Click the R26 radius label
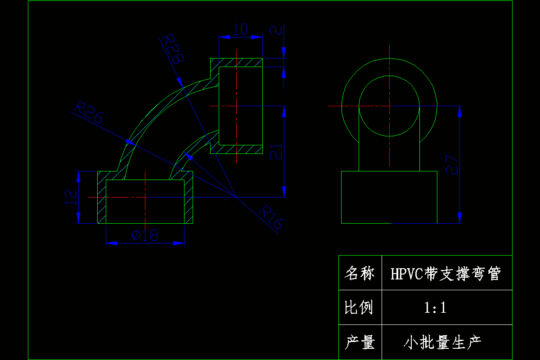point(89,113)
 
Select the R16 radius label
point(272,218)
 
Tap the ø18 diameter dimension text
point(145,235)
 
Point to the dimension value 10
point(240,30)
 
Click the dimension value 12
point(70,197)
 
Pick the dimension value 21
point(276,152)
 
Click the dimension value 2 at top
point(276,30)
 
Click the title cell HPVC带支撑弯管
point(445,273)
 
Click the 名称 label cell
point(360,273)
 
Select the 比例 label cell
point(360,308)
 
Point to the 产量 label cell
point(360,343)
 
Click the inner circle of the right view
point(389,76)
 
